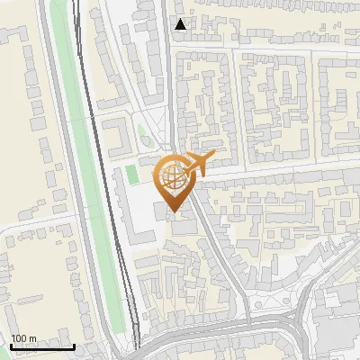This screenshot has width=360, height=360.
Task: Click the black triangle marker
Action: [x=182, y=24]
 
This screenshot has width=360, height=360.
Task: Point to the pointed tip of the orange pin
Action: [x=174, y=211]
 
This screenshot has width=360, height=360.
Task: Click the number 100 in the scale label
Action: [x=20, y=338]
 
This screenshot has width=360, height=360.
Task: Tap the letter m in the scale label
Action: [x=33, y=338]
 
